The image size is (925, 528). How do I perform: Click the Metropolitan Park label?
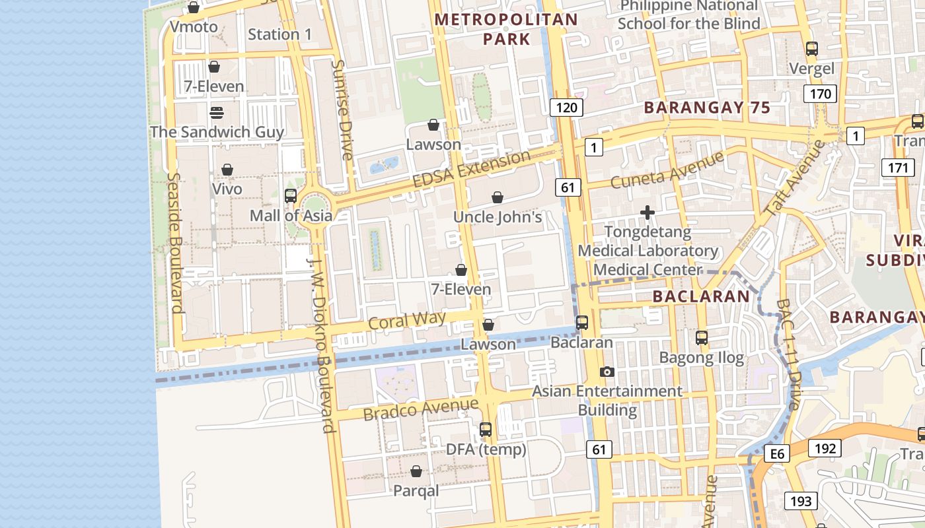click(x=506, y=30)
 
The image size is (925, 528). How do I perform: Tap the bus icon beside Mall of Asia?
click(x=290, y=195)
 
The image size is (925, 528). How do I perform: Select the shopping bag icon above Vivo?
click(x=227, y=170)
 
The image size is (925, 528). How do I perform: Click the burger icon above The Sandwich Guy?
click(x=216, y=112)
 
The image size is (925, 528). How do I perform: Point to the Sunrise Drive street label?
click(x=342, y=110)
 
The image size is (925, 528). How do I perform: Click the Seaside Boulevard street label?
click(x=175, y=242)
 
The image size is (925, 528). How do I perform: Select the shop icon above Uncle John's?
click(x=497, y=197)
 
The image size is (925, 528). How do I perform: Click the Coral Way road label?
click(x=407, y=320)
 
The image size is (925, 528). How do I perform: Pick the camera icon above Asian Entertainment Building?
click(x=607, y=372)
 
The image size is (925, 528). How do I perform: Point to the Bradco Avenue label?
click(x=420, y=409)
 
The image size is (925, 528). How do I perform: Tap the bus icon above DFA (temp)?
click(x=486, y=430)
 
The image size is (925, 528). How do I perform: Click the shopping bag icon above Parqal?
click(x=416, y=471)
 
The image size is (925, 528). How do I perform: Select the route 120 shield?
click(x=566, y=108)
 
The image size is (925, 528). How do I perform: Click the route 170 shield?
click(x=820, y=94)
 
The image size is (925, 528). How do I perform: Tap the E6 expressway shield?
click(x=776, y=453)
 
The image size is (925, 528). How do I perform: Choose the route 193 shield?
click(x=801, y=501)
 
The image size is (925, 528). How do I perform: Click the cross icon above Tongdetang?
click(x=647, y=213)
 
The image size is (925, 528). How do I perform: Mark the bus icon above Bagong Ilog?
click(x=702, y=338)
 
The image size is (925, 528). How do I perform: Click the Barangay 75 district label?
click(x=707, y=108)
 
